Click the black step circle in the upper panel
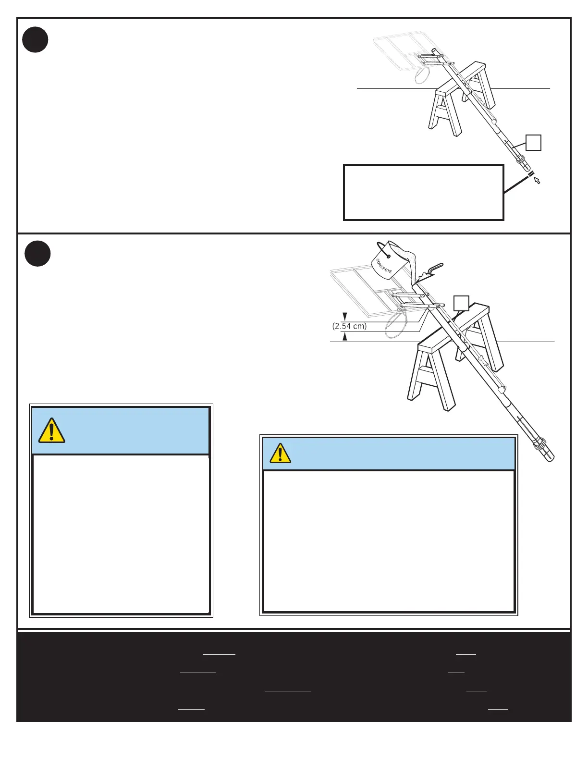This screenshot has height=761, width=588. (35, 40)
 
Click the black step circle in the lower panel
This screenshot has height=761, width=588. (37, 253)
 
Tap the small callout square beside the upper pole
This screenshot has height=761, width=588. (533, 143)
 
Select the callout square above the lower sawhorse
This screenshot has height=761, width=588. (461, 303)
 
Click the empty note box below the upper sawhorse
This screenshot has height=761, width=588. (423, 192)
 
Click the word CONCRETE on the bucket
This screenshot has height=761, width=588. (383, 266)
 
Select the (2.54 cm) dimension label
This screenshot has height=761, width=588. (349, 326)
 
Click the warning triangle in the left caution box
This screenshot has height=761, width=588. (51, 430)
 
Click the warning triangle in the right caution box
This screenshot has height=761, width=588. (280, 454)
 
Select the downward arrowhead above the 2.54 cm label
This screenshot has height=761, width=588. (344, 316)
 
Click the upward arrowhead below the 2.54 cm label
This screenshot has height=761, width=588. (344, 337)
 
